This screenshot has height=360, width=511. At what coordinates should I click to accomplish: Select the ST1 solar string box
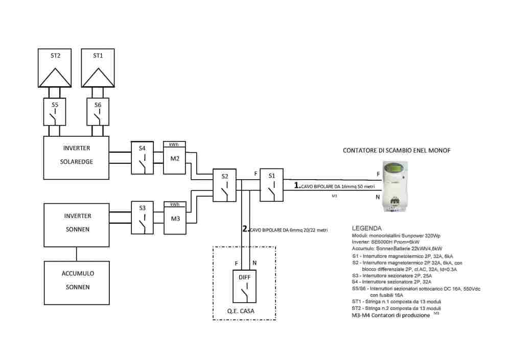click(x=98, y=68)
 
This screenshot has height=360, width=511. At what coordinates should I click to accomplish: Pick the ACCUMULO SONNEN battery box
click(x=77, y=280)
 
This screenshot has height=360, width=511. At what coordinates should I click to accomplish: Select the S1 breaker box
click(x=272, y=185)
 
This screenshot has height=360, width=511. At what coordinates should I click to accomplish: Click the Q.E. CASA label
click(x=244, y=310)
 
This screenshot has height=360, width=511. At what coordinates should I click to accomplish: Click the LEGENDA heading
click(x=367, y=228)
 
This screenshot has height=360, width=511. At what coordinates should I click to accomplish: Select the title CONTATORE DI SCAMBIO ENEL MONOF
click(x=396, y=150)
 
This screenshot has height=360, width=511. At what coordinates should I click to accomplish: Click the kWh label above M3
click(x=174, y=204)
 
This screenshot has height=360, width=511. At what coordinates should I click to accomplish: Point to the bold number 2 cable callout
click(x=245, y=229)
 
